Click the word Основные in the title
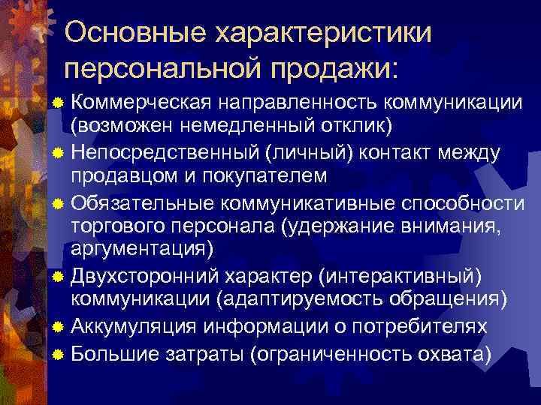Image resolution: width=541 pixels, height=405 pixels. point(132,31)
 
